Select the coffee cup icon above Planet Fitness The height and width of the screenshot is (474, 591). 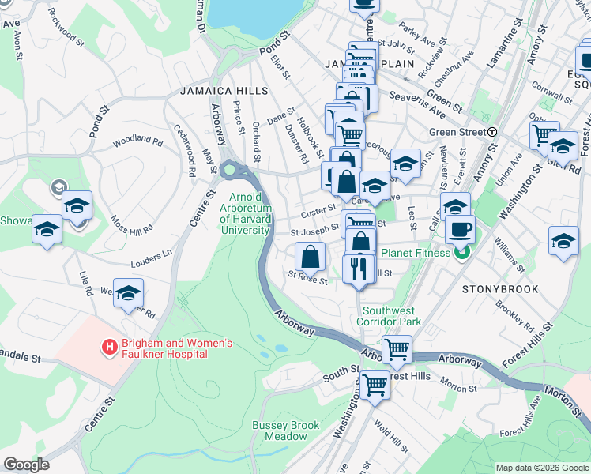tap(460, 231)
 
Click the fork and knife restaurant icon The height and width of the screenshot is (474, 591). tap(359, 268)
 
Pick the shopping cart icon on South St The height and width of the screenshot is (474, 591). tap(375, 385)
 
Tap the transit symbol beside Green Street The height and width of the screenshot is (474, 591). tap(492, 132)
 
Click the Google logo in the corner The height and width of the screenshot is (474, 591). tap(26, 465)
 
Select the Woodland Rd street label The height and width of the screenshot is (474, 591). tap(137, 140)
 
